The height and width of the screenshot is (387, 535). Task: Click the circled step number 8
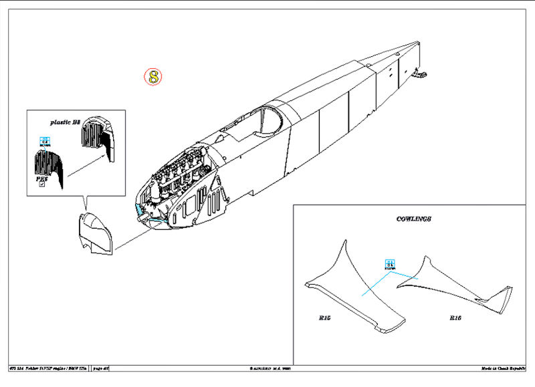[x=153, y=76]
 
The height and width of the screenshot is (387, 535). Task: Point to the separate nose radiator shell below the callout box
[x=94, y=234]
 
